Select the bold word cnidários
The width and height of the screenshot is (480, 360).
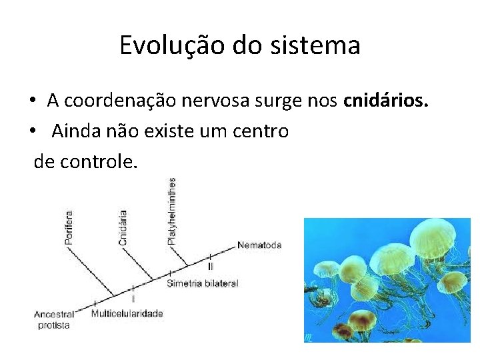tap(385, 101)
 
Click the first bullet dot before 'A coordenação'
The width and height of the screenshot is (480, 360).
tap(33, 101)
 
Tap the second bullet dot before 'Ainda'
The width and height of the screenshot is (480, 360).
tap(33, 131)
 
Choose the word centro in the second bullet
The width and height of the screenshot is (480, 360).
tap(261, 131)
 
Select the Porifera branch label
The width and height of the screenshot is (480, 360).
tap(69, 227)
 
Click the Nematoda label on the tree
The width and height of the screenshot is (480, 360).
tap(259, 245)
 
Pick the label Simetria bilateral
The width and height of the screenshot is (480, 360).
tap(202, 283)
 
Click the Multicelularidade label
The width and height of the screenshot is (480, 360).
tap(127, 313)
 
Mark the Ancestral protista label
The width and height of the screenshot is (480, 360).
tap(54, 319)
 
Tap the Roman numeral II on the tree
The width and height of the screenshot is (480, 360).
tap(211, 266)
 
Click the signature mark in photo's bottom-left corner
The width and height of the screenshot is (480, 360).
tap(309, 337)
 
